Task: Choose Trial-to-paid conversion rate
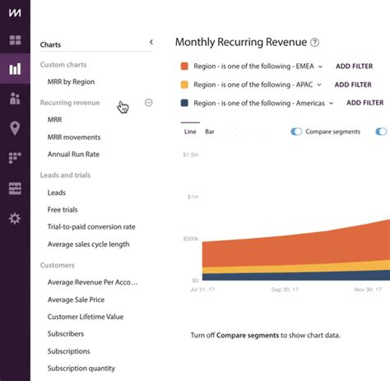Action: click(91, 226)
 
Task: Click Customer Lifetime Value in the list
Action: click(86, 316)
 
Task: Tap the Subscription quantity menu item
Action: click(81, 368)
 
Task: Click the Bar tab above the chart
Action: click(210, 132)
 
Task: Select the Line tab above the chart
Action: click(190, 132)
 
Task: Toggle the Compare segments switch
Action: click(296, 132)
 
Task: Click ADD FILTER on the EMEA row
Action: click(353, 66)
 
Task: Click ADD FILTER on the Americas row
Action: click(364, 103)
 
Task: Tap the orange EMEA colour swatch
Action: click(184, 66)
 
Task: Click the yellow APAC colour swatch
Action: click(184, 84)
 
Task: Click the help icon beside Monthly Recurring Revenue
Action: click(314, 43)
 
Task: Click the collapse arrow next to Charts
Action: click(151, 42)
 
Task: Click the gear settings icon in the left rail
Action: click(15, 218)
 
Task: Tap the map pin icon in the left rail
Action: click(15, 128)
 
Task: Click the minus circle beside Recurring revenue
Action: click(148, 103)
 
